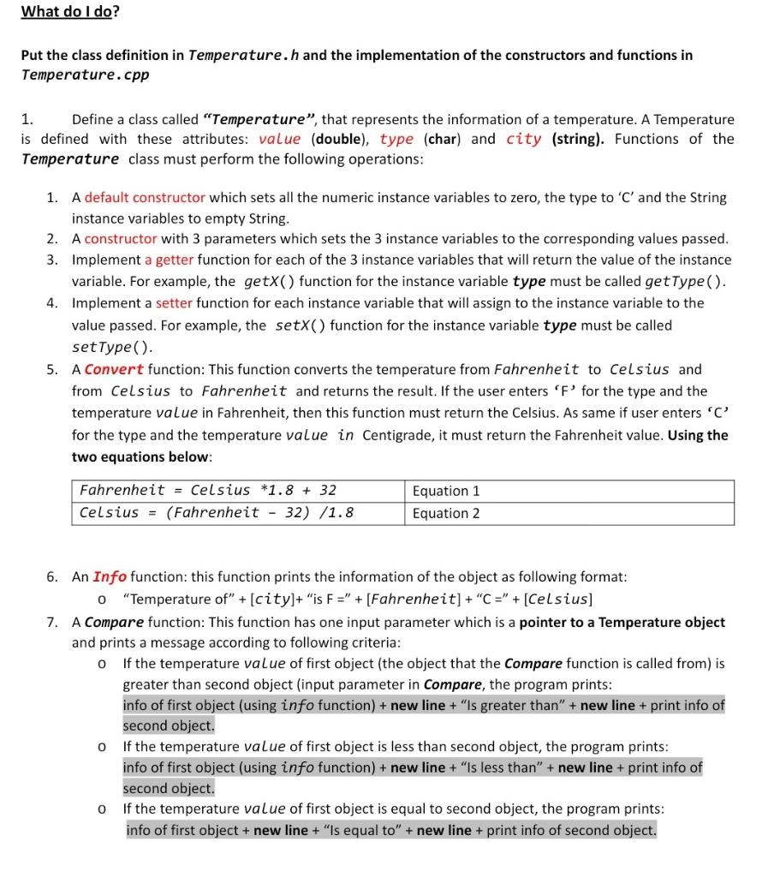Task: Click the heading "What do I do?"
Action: (x=70, y=12)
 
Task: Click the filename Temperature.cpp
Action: (x=85, y=75)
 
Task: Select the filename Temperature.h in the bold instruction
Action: (x=242, y=55)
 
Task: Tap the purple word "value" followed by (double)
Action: (x=279, y=139)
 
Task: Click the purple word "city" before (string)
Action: (x=523, y=139)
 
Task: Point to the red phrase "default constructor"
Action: (x=145, y=197)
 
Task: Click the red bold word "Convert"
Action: (x=114, y=370)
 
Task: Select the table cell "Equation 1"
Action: (x=446, y=491)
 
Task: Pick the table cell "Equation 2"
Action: (x=446, y=513)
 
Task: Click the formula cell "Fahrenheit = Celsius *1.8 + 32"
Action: (x=208, y=491)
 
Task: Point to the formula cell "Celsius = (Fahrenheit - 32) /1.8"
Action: (x=217, y=513)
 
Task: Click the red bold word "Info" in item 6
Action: (x=110, y=577)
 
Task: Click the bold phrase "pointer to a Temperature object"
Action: (x=622, y=622)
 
